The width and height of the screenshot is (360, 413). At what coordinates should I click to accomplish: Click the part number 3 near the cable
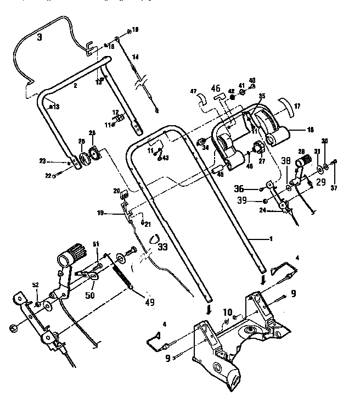pyautogui.click(x=39, y=38)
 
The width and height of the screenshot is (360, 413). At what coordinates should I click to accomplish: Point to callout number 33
pyautogui.click(x=162, y=247)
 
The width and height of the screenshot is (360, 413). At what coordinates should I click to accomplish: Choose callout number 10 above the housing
pyautogui.click(x=227, y=312)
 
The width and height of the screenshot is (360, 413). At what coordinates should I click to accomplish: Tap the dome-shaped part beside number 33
pyautogui.click(x=154, y=238)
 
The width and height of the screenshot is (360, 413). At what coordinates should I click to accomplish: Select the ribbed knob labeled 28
pyautogui.click(x=303, y=163)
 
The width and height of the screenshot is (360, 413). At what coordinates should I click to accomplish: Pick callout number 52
pyautogui.click(x=36, y=285)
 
